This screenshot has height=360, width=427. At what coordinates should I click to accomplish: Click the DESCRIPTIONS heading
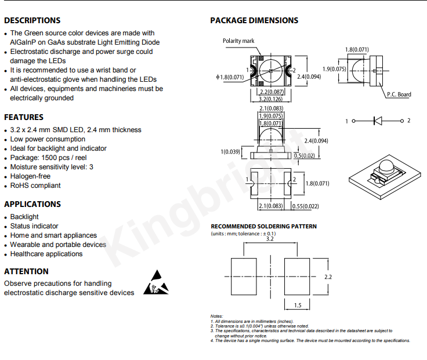(32, 20)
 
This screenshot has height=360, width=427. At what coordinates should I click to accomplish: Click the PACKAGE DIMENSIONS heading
(254, 20)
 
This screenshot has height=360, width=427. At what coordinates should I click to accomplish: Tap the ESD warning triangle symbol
(156, 282)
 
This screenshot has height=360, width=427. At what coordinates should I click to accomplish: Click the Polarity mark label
(238, 41)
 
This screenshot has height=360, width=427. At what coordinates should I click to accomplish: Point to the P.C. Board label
(399, 94)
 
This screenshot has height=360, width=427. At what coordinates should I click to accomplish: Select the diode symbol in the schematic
(378, 121)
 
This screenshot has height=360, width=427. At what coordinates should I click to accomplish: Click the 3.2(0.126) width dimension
(270, 99)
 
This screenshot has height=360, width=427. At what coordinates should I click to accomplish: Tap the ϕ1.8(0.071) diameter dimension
(230, 77)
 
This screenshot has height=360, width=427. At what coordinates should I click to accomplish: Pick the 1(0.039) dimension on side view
(230, 151)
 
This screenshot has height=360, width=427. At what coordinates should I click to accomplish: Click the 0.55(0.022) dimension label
(305, 206)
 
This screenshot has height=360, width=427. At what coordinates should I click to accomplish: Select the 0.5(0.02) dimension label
(305, 155)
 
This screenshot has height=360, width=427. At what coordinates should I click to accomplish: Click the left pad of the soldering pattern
(244, 277)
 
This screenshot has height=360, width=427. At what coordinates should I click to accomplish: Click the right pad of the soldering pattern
(297, 277)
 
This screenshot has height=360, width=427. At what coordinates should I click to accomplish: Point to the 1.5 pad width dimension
(298, 306)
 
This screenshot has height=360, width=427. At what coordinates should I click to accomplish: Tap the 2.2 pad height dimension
(328, 277)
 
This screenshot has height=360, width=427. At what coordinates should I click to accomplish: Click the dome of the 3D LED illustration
(386, 166)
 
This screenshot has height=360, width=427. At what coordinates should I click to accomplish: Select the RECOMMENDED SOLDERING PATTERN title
(263, 227)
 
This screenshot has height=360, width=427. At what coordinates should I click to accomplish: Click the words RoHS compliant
(35, 186)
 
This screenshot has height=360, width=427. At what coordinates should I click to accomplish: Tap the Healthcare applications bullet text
(46, 254)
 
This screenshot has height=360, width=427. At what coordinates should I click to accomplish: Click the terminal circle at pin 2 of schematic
(402, 121)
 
